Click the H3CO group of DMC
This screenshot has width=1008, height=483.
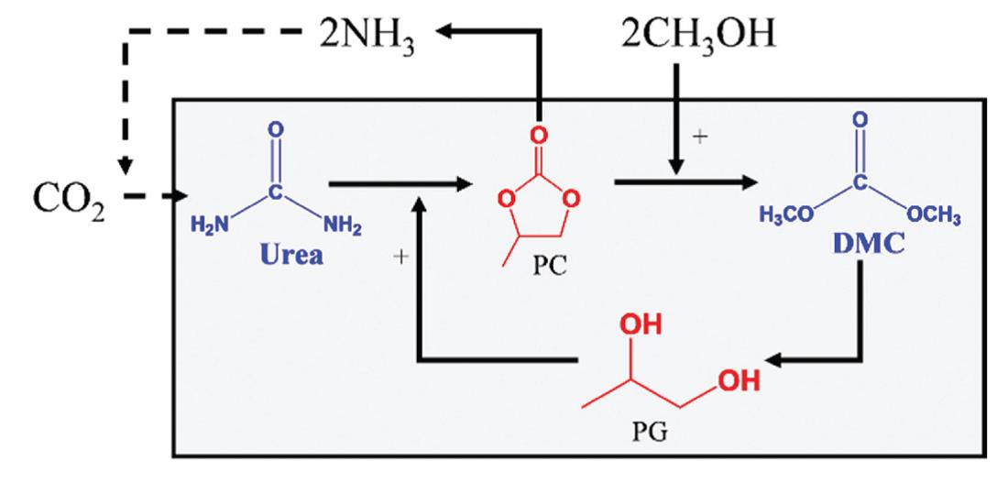pyautogui.click(x=785, y=215)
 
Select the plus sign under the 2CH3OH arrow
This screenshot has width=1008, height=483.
pyautogui.click(x=702, y=139)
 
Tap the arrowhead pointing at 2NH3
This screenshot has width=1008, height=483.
pyautogui.click(x=447, y=33)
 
